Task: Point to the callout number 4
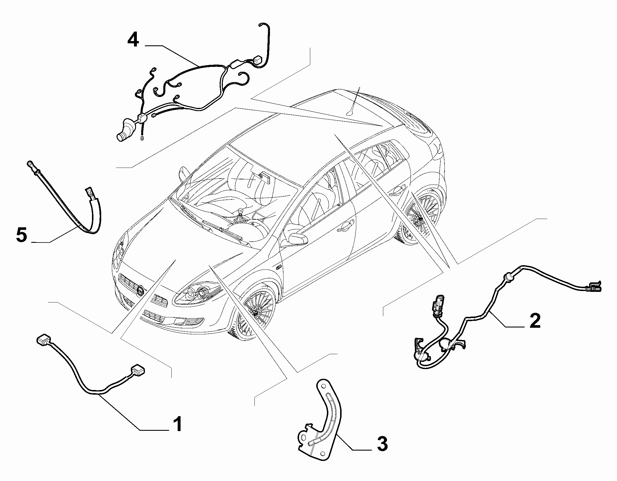133,40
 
